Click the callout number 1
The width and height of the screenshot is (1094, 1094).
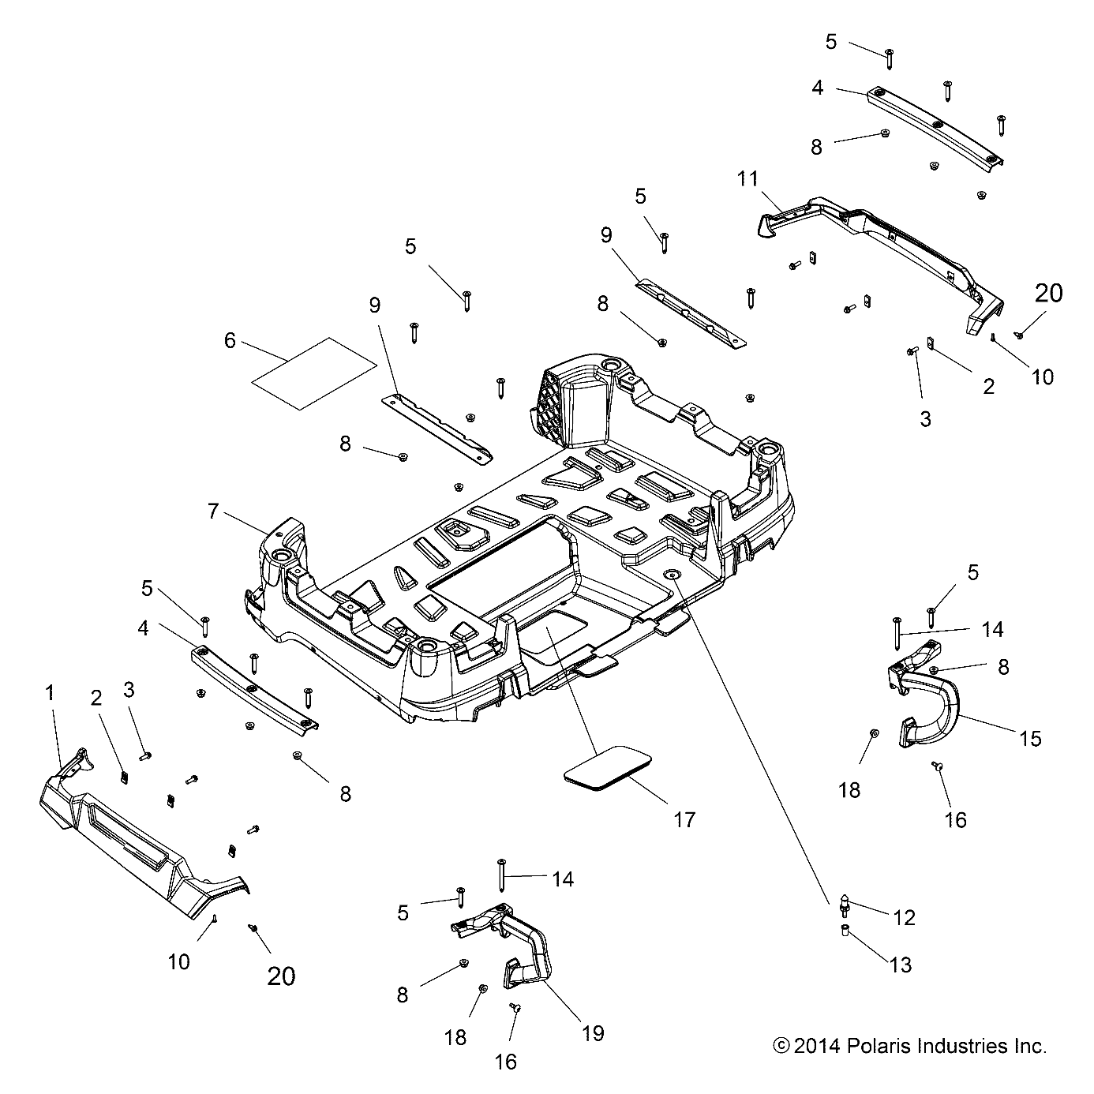[50, 694]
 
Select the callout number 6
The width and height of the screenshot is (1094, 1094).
[230, 340]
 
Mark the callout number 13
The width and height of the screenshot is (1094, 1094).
[901, 965]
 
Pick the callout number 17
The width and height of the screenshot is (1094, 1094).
[684, 820]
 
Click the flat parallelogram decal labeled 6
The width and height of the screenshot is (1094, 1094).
[313, 373]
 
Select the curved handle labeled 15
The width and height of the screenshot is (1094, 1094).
[935, 699]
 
